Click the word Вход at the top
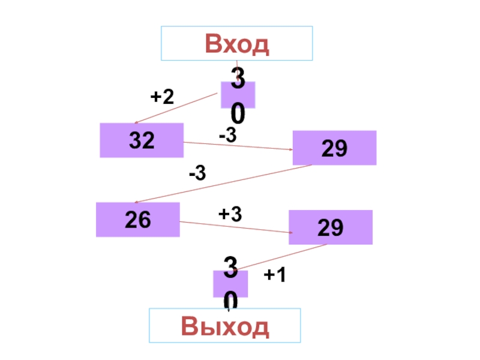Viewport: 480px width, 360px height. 237,44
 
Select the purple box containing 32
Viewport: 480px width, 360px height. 142,140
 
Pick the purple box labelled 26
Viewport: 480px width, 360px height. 138,220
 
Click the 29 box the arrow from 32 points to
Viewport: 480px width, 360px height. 334,148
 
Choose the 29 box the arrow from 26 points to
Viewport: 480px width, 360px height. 331,227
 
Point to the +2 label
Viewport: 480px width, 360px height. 162,96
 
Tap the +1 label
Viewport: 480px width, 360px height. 275,275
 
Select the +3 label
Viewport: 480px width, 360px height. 230,213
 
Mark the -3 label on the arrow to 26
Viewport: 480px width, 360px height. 197,174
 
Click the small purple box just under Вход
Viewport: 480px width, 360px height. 238,95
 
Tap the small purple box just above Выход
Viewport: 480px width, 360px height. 230,283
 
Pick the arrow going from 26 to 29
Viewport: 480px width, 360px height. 235,227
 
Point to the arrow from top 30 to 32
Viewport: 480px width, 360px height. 175,109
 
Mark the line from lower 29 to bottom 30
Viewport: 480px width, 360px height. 282,257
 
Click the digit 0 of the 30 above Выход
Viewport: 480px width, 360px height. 231,301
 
